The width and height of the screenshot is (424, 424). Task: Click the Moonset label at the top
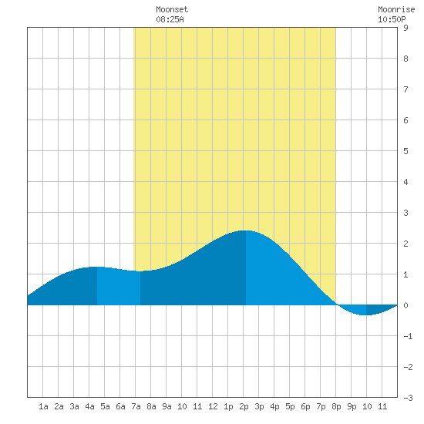(x=172, y=9)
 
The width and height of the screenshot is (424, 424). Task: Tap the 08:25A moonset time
(x=170, y=19)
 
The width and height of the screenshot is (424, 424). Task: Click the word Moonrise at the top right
(x=396, y=9)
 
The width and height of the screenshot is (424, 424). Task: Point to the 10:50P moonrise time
(x=392, y=19)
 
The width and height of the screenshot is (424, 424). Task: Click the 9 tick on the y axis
(x=405, y=28)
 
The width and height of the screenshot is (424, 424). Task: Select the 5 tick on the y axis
(x=405, y=151)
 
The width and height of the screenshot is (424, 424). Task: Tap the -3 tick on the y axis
(x=408, y=398)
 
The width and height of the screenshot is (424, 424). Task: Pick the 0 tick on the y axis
(x=405, y=305)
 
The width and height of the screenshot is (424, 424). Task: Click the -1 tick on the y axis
(x=408, y=336)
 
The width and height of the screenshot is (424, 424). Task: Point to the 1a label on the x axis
(x=43, y=406)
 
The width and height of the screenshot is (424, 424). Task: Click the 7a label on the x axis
(x=136, y=406)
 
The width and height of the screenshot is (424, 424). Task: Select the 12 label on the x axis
(x=213, y=406)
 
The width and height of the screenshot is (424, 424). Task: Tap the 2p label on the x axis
(x=244, y=406)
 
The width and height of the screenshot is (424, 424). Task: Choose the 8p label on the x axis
(x=336, y=406)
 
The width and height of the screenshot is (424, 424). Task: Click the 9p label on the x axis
(x=352, y=406)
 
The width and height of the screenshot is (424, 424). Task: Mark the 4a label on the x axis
(x=89, y=406)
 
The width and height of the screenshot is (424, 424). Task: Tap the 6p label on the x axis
(x=305, y=406)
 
